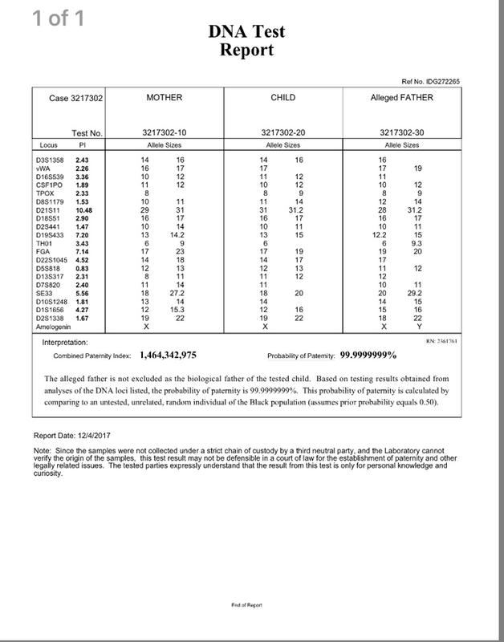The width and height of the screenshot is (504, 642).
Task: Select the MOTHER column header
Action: (x=165, y=97)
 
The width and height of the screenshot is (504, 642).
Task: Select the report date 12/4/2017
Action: (x=98, y=436)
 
